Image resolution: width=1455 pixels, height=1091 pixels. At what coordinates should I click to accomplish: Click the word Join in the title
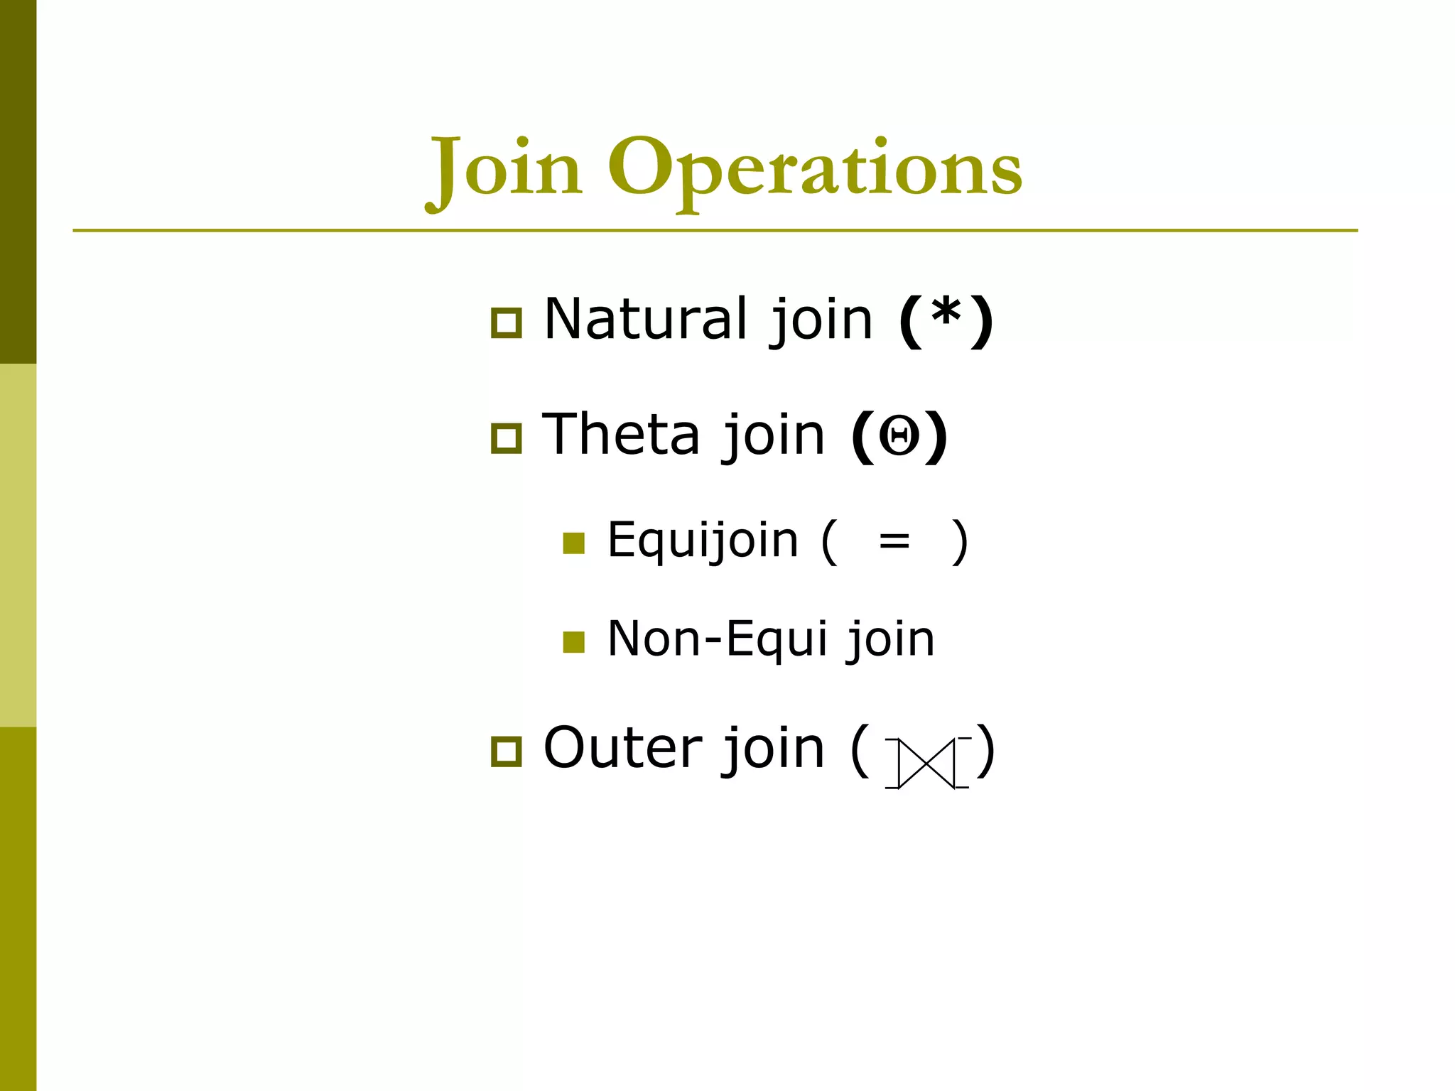click(505, 169)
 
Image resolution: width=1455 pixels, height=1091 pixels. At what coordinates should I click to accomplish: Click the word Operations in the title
click(814, 169)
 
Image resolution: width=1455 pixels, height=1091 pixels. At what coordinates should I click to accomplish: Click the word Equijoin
click(703, 541)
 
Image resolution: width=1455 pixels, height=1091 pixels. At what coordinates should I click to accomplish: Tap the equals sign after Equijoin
click(894, 542)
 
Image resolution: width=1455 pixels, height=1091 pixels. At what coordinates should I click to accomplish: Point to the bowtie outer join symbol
click(927, 764)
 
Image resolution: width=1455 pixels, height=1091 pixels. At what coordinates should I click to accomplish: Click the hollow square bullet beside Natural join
click(507, 323)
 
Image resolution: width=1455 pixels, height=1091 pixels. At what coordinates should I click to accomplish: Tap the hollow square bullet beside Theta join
click(507, 438)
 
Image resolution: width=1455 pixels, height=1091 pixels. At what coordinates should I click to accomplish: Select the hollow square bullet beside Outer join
click(507, 752)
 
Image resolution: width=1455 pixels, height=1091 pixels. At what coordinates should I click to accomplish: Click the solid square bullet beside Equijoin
click(573, 543)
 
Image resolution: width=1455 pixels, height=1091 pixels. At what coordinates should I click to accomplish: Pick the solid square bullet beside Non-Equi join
click(573, 642)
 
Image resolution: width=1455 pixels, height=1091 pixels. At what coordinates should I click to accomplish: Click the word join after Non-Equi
click(891, 639)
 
